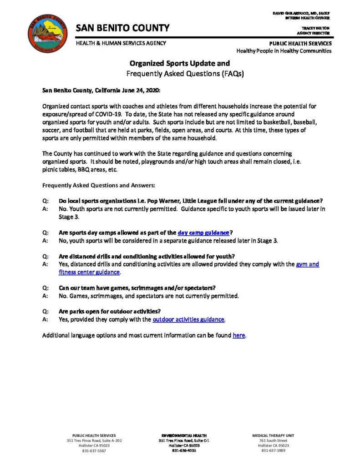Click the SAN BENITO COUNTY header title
[x=122, y=28]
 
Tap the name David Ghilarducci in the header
[x=301, y=13]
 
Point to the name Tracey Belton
[x=318, y=28]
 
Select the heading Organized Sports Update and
[x=180, y=64]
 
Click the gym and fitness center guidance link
[x=308, y=264]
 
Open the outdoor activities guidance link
[x=188, y=319]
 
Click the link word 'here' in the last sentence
[x=239, y=335]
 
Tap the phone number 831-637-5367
[x=94, y=451]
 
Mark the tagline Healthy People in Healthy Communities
[x=284, y=51]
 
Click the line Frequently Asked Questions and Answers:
[x=99, y=185]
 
